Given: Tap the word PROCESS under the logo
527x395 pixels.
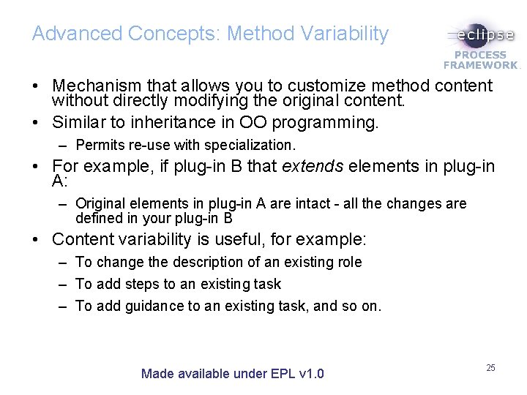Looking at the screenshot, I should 481,55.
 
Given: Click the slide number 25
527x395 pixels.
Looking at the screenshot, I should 490,367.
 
